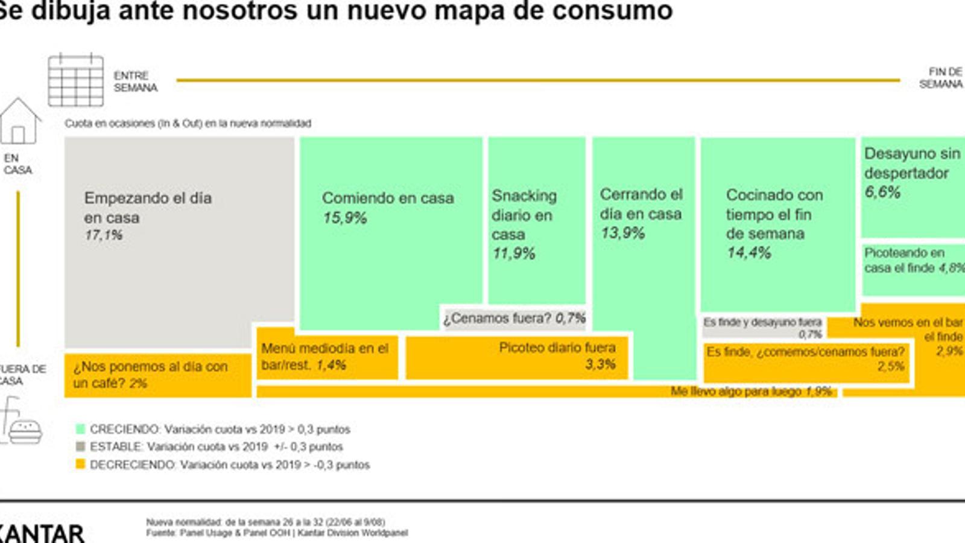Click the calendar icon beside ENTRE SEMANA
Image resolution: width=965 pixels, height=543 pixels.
click(x=76, y=80)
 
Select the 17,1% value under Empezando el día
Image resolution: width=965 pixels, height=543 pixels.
click(x=103, y=235)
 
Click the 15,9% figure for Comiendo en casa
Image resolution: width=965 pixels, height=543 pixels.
click(x=344, y=218)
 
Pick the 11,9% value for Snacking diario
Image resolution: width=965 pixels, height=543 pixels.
click(x=513, y=253)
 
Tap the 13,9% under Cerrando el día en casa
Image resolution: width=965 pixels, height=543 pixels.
click(x=622, y=233)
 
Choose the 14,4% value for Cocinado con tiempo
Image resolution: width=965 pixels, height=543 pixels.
click(x=748, y=253)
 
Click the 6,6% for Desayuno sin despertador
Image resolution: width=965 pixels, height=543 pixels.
click(x=882, y=192)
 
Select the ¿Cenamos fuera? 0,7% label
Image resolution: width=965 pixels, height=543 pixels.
click(x=514, y=318)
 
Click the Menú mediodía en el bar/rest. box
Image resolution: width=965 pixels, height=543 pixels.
click(x=326, y=357)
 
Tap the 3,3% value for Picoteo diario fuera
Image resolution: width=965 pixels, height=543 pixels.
click(x=600, y=364)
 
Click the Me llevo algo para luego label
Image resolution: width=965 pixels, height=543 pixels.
click(x=751, y=392)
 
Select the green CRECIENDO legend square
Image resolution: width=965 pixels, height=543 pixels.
click(x=80, y=429)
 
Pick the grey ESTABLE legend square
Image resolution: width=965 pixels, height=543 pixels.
click(x=80, y=446)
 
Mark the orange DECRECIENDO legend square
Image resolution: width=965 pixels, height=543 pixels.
click(x=80, y=465)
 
